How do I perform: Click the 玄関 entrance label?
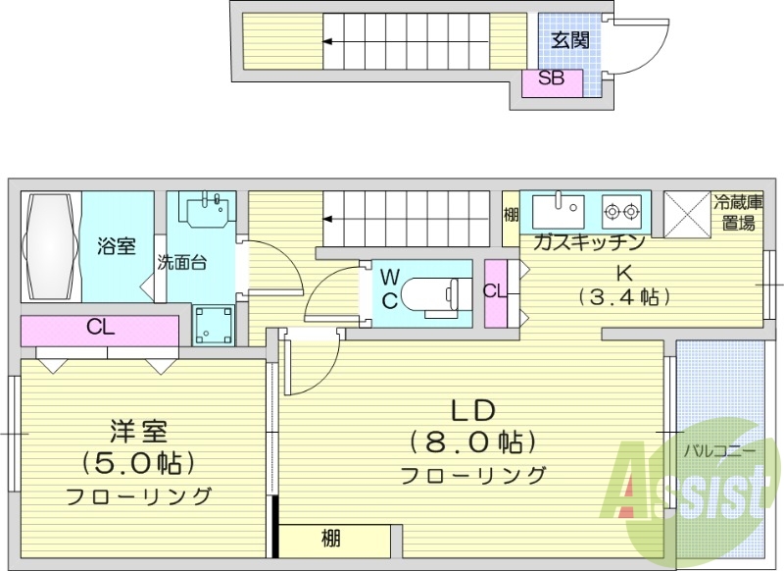tap(569, 40)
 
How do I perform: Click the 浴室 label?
tap(117, 246)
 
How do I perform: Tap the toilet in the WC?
tap(431, 292)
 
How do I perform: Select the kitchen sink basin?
tap(558, 209)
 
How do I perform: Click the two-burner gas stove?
tap(621, 209)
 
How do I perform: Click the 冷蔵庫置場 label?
tap(738, 213)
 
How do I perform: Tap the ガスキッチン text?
tap(588, 242)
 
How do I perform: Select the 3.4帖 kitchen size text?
tap(623, 295)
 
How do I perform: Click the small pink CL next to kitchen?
tap(495, 291)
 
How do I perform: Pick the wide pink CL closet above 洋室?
tap(99, 329)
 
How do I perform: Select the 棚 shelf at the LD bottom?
tap(333, 539)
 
